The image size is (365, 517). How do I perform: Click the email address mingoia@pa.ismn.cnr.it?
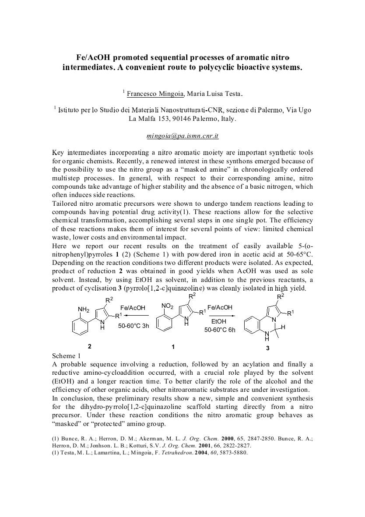point(182,136)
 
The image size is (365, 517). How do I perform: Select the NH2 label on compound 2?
point(84,309)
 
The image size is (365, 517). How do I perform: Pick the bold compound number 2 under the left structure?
point(89,346)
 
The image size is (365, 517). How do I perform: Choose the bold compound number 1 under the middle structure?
point(173,347)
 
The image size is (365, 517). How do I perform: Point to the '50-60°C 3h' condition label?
point(133,326)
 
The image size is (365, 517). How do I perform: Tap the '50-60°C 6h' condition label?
point(220,330)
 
